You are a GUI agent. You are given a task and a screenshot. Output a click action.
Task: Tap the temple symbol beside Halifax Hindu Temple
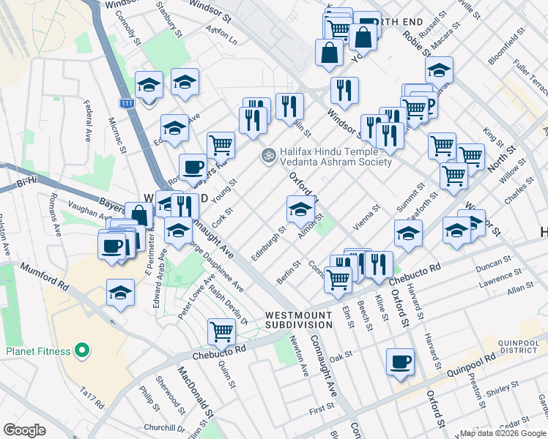[267, 155]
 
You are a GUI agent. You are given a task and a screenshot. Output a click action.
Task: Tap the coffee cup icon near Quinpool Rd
[400, 362]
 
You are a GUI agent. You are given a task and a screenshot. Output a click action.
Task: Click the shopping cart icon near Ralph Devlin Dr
[221, 331]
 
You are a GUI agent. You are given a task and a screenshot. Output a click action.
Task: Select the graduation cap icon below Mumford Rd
[120, 293]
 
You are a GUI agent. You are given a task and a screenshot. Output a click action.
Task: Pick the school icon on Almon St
[299, 210]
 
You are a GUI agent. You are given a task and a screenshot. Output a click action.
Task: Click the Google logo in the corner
[24, 430]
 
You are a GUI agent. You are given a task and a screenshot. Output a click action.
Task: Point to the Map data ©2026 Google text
[503, 434]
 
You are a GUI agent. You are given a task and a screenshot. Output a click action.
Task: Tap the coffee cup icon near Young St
[193, 167]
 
